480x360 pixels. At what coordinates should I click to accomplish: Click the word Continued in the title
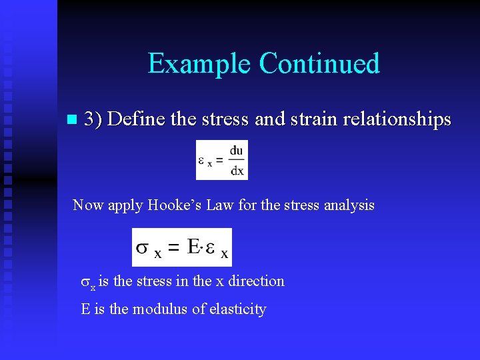[319, 64]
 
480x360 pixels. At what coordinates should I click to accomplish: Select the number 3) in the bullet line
[93, 119]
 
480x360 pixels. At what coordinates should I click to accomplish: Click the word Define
[137, 119]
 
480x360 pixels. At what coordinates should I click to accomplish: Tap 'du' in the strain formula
[237, 151]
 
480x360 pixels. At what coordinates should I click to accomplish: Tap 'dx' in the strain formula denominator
[237, 170]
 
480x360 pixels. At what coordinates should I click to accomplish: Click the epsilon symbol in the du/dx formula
[202, 160]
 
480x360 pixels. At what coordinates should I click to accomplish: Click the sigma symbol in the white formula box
[143, 247]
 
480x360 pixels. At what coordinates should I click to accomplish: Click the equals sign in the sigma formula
[173, 248]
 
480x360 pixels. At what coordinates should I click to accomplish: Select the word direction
[256, 281]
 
